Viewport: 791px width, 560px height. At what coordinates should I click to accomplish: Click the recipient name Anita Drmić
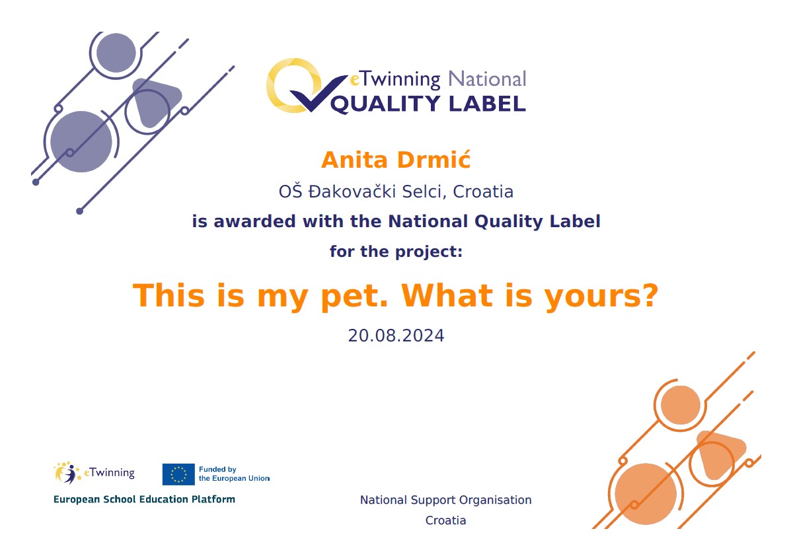(396, 160)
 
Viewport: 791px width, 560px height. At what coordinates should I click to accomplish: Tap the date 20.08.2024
(396, 335)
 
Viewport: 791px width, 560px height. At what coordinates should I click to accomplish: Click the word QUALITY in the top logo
(385, 104)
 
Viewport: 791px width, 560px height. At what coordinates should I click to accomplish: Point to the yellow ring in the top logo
(274, 86)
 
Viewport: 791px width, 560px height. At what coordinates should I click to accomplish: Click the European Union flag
(178, 474)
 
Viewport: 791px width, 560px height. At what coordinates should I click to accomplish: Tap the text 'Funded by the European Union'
(234, 473)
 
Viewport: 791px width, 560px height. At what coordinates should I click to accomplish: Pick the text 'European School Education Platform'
(144, 499)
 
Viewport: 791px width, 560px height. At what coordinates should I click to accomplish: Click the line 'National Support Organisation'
(445, 500)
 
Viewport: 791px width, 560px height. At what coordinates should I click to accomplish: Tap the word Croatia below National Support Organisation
(445, 520)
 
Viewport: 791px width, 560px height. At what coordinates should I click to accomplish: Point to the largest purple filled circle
(81, 141)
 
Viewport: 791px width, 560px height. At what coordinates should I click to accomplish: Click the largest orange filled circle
(646, 494)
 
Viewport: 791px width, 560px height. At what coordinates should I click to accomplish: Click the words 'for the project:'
(396, 252)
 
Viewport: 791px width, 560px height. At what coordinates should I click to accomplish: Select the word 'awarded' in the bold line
(254, 221)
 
